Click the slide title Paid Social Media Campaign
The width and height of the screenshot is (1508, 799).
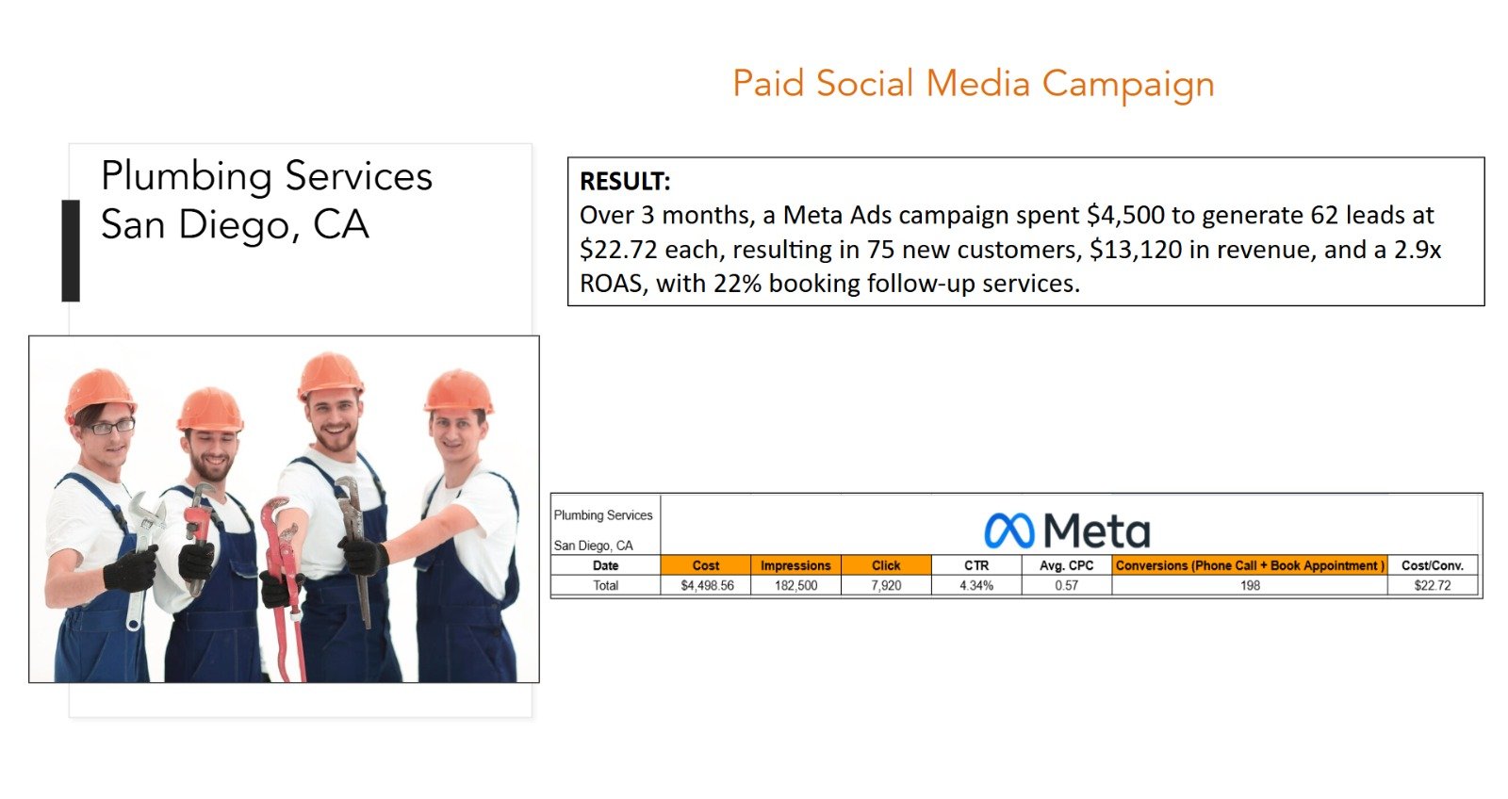pyautogui.click(x=974, y=84)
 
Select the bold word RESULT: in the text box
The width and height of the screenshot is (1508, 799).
pyautogui.click(x=625, y=181)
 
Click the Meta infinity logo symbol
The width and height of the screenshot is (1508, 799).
pyautogui.click(x=1009, y=530)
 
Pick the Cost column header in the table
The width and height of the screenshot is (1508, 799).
pyautogui.click(x=706, y=565)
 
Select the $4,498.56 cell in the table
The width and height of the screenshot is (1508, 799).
pyautogui.click(x=707, y=586)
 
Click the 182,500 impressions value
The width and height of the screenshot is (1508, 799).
pyautogui.click(x=795, y=586)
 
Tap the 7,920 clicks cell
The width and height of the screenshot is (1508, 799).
pyautogui.click(x=886, y=586)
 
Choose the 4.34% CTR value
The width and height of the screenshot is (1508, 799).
pyautogui.click(x=976, y=586)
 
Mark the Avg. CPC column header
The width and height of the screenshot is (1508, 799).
pyautogui.click(x=1066, y=565)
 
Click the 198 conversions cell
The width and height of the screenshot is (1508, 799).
pyautogui.click(x=1250, y=586)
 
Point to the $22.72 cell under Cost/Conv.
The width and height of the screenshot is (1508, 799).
pyautogui.click(x=1433, y=586)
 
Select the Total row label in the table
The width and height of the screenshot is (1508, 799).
pyautogui.click(x=605, y=586)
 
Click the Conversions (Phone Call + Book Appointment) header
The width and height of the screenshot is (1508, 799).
pyautogui.click(x=1250, y=565)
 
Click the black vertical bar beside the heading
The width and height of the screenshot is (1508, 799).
pyautogui.click(x=71, y=251)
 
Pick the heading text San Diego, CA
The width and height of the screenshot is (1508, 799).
pyautogui.click(x=235, y=225)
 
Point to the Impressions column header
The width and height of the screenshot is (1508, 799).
pyautogui.click(x=795, y=565)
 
